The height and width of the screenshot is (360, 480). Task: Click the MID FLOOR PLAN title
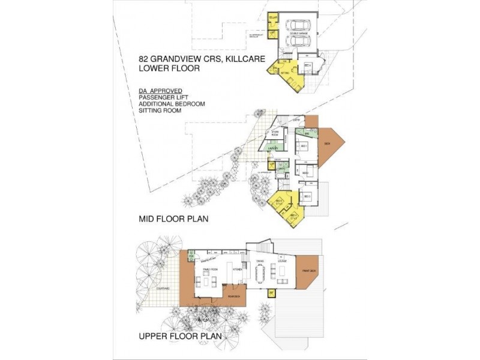(173, 219)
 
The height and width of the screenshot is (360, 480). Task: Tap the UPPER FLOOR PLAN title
(181, 337)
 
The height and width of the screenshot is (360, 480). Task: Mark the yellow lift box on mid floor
(272, 164)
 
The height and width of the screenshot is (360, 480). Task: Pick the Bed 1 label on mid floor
(304, 146)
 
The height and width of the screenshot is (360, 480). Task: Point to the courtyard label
(162, 289)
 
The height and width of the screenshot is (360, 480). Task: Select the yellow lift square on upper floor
(271, 292)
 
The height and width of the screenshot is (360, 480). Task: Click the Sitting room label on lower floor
(284, 73)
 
